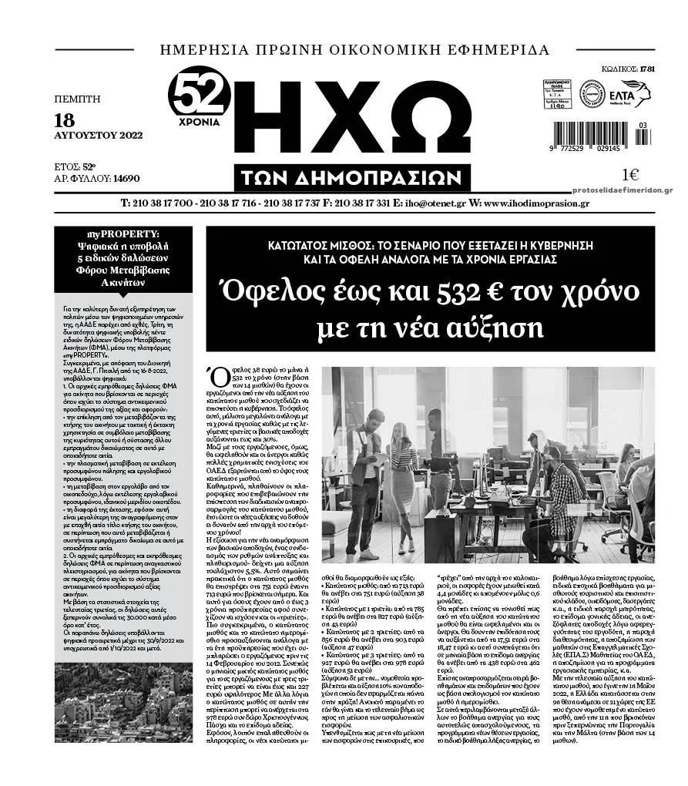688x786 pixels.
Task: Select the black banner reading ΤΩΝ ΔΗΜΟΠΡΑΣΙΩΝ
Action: (355, 178)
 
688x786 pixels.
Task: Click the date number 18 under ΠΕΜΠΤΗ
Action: (65, 119)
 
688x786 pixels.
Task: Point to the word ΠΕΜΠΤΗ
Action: (78, 99)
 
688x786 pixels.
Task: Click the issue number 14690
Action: (126, 178)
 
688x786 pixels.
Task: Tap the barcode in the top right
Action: (599, 132)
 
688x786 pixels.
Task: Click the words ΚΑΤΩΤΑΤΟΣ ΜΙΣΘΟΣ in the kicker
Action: (312, 245)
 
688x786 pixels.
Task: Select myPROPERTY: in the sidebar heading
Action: (123, 233)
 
